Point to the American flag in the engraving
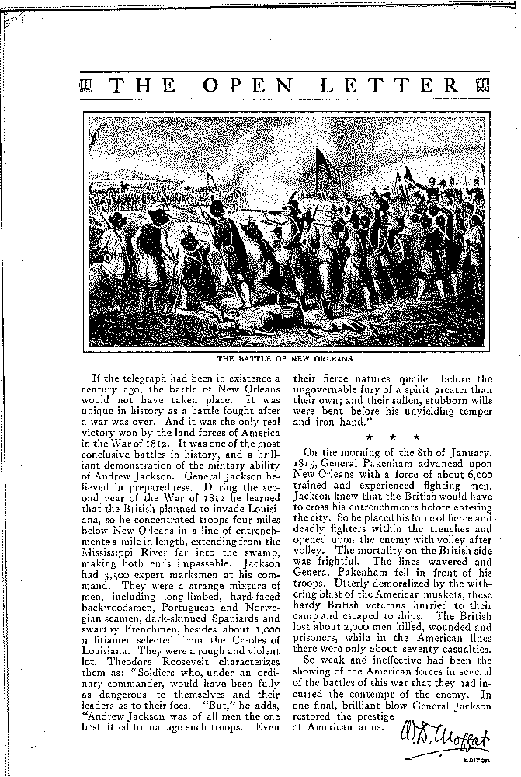pos(324,165)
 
